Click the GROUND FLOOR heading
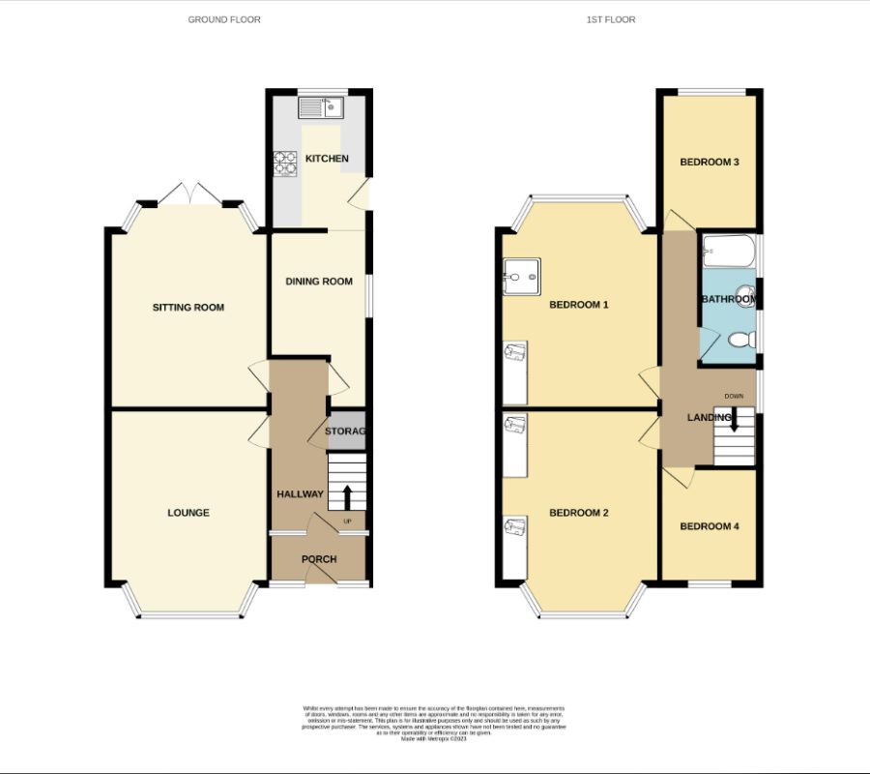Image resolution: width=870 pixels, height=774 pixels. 223,19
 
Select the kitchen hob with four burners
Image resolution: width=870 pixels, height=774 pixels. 286,164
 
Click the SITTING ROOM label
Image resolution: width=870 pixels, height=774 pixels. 188,308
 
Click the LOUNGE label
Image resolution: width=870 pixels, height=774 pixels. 188,513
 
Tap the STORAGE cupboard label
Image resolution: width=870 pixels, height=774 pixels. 347,432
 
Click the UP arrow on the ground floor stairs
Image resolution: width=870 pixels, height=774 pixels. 346,497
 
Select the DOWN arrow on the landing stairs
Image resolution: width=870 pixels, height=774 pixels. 735,418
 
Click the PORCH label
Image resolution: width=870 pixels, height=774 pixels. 319,559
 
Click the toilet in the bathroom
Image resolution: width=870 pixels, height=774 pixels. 740,340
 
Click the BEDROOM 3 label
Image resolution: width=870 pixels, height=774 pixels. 710,163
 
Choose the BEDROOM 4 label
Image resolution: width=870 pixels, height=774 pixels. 710,526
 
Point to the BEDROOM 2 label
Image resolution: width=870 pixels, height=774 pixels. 579,513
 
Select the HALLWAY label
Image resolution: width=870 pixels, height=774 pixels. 300,494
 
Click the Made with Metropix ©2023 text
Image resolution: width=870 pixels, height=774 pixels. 434,738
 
